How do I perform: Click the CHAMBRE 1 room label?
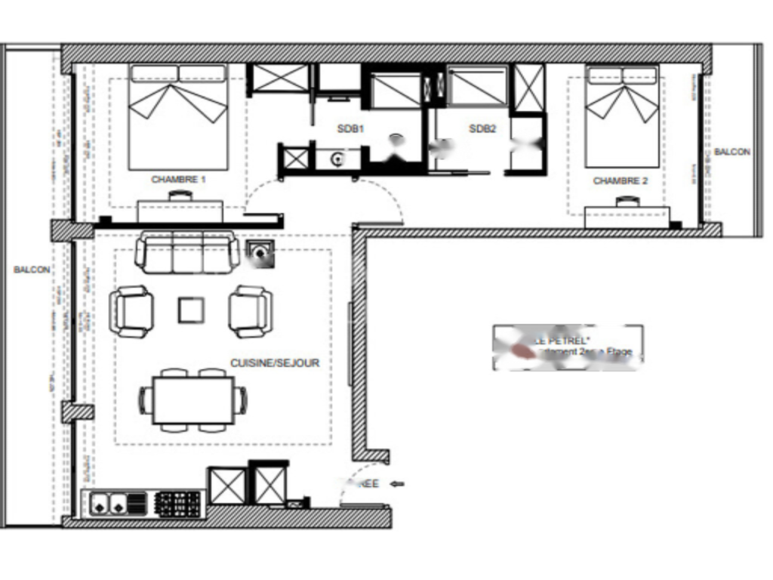coord(179,180)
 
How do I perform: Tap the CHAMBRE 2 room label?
coord(621,181)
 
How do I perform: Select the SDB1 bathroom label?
coord(350,129)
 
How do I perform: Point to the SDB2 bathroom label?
coord(482,129)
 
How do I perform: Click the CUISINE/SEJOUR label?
coord(275,363)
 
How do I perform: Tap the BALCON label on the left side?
coord(32,270)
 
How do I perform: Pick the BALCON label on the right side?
coord(732,152)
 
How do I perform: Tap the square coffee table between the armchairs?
coord(191,310)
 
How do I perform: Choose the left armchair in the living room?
coord(132,311)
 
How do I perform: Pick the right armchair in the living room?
coord(251,311)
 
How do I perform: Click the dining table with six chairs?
coord(192,400)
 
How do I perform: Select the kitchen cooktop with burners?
coord(178,502)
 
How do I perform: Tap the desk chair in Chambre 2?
coord(626,201)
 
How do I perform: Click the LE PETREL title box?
coord(568,347)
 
